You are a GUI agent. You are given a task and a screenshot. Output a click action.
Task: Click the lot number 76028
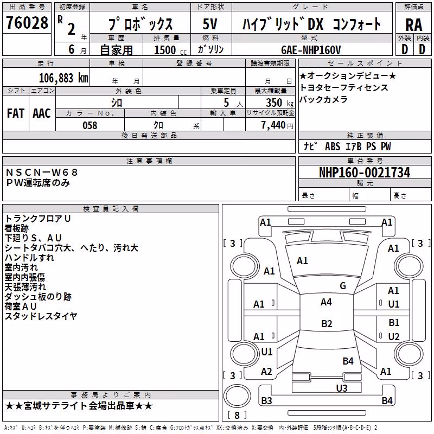pos(27,22)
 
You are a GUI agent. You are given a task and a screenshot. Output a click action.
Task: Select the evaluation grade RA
pos(413,25)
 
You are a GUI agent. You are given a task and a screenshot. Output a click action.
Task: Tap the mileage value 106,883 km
pos(63,78)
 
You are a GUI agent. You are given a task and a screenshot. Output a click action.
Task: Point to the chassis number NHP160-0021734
pos(365,173)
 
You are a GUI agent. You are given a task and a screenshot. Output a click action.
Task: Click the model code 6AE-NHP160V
pos(311,50)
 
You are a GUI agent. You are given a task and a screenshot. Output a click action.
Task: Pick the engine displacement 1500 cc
pos(170,50)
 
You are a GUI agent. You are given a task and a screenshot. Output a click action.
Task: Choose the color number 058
pos(90,125)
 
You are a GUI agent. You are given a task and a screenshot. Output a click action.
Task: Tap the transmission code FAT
pos(16,113)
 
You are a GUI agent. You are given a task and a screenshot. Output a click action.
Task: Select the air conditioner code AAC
pos(42,113)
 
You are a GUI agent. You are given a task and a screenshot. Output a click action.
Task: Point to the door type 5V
pos(210,24)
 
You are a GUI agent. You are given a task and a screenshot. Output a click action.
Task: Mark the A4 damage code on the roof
pos(326,302)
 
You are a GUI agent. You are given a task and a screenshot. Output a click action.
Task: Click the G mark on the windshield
pos(343,285)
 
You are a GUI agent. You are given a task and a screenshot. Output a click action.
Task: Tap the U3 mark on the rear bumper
pos(342,388)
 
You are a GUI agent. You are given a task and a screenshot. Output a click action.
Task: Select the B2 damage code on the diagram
pos(327,323)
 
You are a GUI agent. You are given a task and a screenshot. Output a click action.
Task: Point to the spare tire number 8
pos(237,415)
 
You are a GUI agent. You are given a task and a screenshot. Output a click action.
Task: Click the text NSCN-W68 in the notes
pos(42,172)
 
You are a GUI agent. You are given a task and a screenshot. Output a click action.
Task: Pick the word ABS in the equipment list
pos(333,146)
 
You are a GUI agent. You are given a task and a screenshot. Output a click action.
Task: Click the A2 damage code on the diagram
pos(266,372)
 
